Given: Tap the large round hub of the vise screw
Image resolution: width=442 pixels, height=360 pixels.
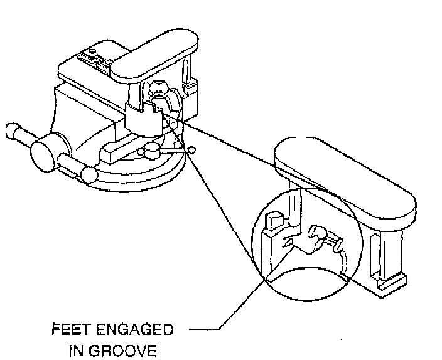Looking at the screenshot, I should pyautogui.click(x=43, y=152).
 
